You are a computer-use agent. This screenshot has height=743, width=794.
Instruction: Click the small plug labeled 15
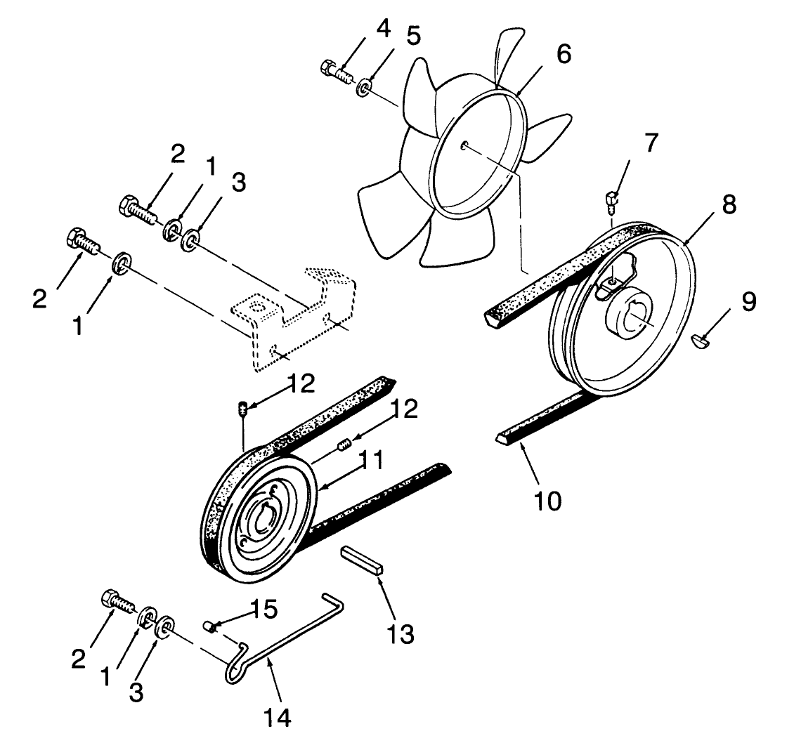point(208,625)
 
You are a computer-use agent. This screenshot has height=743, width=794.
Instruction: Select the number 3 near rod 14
point(136,692)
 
